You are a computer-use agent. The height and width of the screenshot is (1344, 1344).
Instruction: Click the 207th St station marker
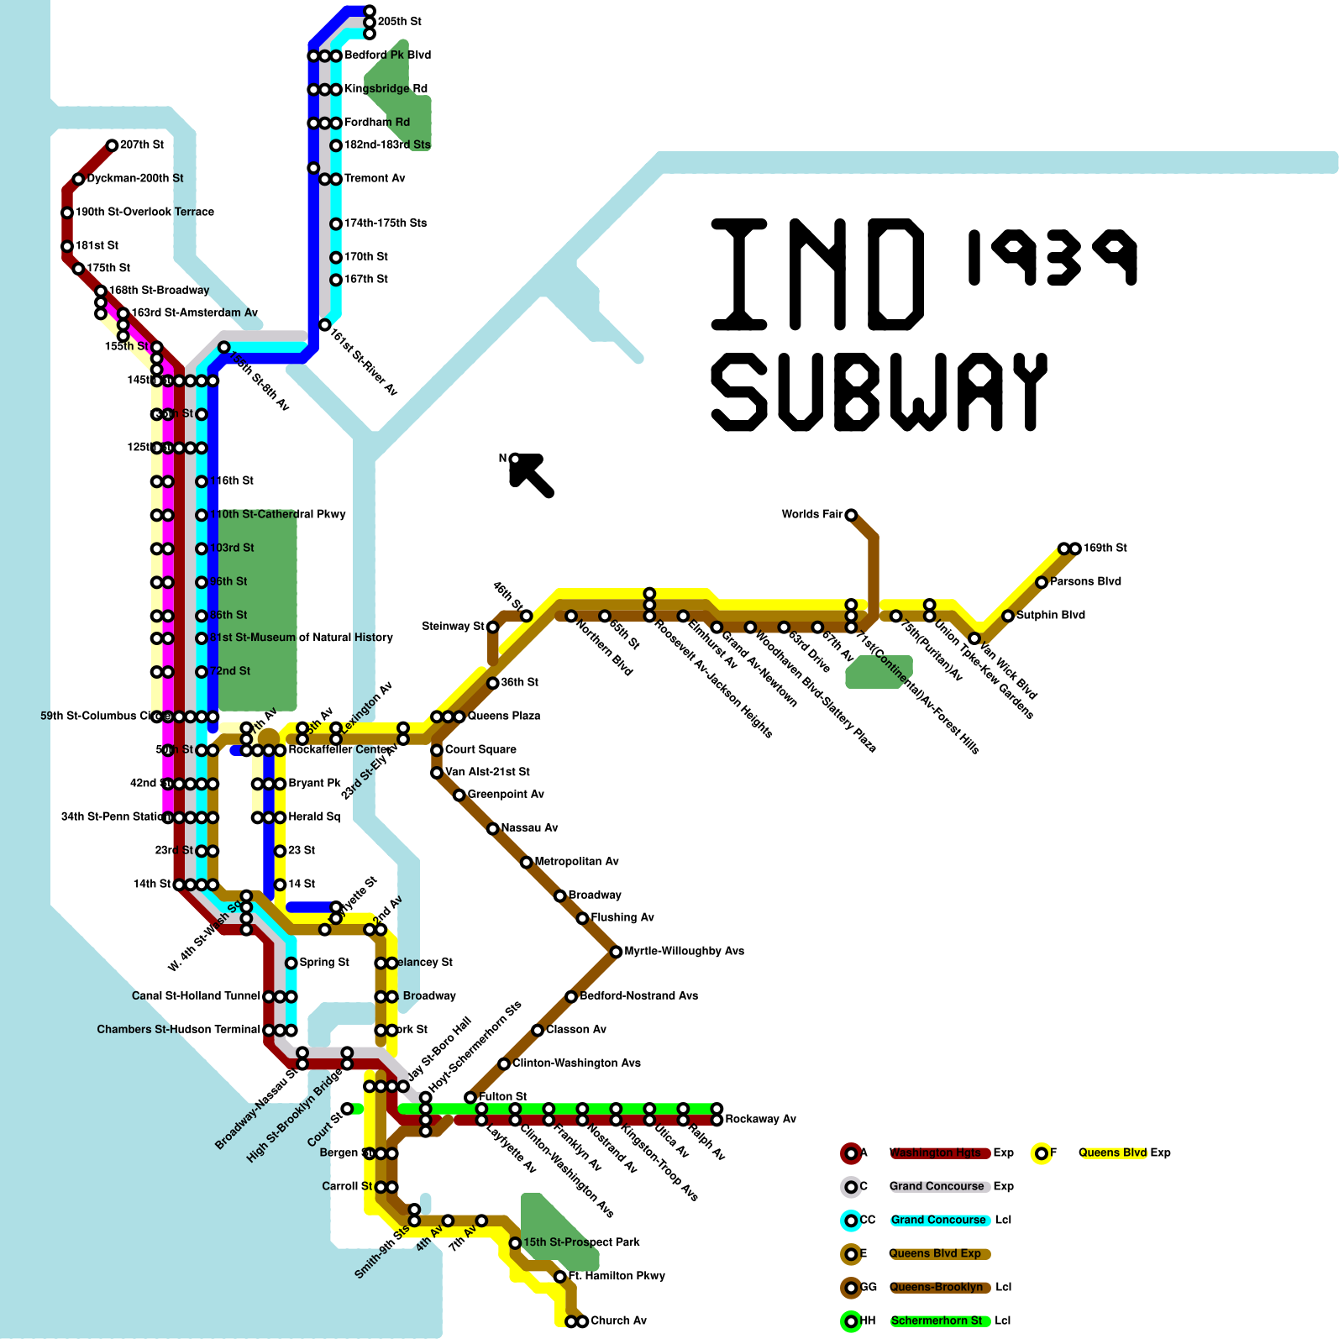click(x=112, y=145)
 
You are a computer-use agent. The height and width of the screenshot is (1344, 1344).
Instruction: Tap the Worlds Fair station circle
click(x=851, y=515)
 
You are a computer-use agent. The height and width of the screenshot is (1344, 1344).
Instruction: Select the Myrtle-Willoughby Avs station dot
click(x=616, y=952)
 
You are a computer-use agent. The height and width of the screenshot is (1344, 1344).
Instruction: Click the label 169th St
click(x=1105, y=549)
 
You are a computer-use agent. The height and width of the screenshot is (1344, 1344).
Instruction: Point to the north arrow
click(x=531, y=475)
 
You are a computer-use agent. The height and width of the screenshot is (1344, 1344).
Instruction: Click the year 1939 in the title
click(x=1052, y=257)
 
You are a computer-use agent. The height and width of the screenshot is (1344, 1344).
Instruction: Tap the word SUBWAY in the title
click(x=879, y=392)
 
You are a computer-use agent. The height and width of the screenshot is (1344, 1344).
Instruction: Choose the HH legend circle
click(x=851, y=1321)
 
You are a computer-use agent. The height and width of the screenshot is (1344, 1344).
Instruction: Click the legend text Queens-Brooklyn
click(x=936, y=1288)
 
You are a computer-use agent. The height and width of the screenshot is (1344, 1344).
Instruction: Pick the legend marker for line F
click(x=1042, y=1153)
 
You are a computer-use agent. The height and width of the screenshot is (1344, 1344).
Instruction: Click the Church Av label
click(x=618, y=1321)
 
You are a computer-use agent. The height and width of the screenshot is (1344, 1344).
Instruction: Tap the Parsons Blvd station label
click(x=1085, y=582)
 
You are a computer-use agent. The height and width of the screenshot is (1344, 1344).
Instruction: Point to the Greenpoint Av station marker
click(x=459, y=795)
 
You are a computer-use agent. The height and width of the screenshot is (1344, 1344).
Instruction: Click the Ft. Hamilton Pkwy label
click(x=617, y=1276)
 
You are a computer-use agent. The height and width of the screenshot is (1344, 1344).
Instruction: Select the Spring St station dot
click(x=291, y=963)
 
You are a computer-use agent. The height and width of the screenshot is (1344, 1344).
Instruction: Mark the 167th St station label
click(x=365, y=279)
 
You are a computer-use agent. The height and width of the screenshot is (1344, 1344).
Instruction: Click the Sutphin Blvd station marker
click(x=1008, y=616)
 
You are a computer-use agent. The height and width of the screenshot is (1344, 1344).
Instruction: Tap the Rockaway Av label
click(x=760, y=1120)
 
